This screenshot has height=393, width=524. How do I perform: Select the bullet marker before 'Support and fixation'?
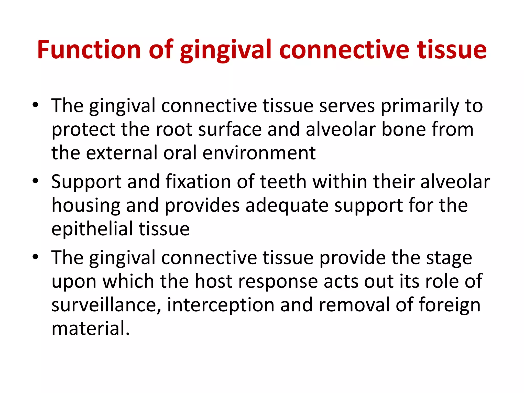[35, 181]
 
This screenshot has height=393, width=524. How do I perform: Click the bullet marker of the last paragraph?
[35, 257]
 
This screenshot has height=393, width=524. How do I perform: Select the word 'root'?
[174, 129]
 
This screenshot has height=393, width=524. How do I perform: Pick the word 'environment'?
[259, 153]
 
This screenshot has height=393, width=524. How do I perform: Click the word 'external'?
[122, 153]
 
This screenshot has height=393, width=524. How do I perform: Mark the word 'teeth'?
[283, 181]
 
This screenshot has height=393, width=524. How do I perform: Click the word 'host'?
[214, 281]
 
